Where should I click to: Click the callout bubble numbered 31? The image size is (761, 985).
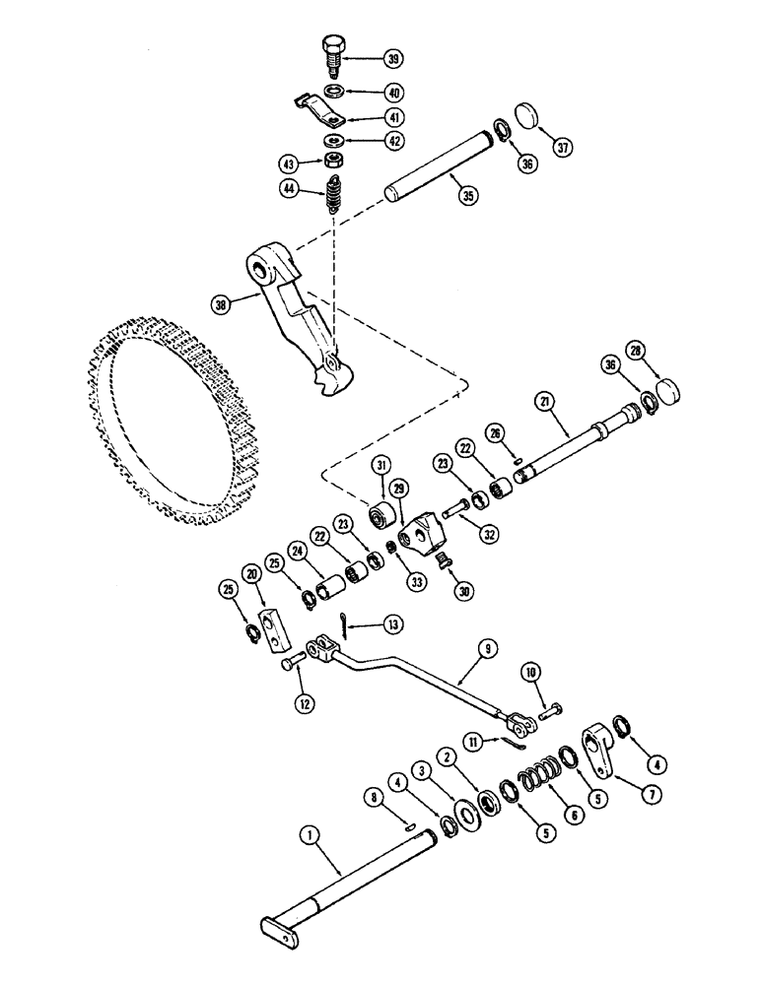381,464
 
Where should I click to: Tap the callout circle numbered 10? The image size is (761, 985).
531,673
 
